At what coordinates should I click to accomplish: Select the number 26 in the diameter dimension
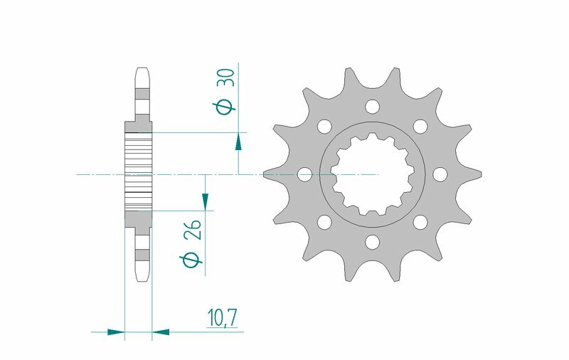click(x=193, y=231)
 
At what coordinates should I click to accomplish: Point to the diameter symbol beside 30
click(x=225, y=107)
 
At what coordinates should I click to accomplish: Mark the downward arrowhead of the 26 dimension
click(x=206, y=201)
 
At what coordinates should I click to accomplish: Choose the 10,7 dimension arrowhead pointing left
click(x=161, y=332)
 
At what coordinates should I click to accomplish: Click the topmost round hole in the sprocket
click(x=371, y=107)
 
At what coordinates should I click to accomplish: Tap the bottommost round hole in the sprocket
click(x=371, y=243)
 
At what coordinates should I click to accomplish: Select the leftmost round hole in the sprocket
click(x=304, y=174)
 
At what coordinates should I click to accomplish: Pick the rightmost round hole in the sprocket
click(x=439, y=174)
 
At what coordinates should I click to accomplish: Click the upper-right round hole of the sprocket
click(x=420, y=127)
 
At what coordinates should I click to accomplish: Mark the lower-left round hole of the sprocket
click(x=324, y=223)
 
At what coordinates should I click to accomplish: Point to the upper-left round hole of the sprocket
click(x=324, y=127)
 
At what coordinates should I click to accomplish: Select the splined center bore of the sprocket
click(x=371, y=174)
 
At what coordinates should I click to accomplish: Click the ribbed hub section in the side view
click(x=138, y=171)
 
